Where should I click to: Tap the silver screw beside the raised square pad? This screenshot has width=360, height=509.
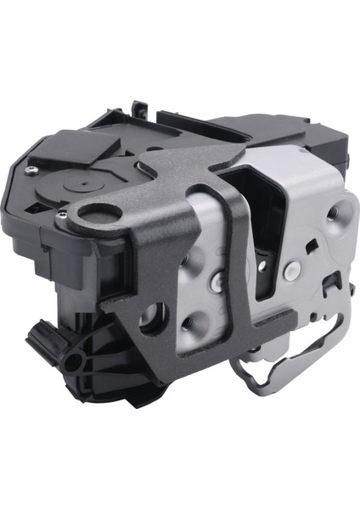click(x=31, y=170)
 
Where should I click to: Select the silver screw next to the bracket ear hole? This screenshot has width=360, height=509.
click(x=62, y=216)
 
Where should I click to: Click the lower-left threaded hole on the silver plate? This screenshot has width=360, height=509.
click(x=188, y=321)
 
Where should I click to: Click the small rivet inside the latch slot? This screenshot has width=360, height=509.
click(x=262, y=266)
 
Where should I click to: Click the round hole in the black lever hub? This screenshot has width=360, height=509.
click(x=72, y=362)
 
